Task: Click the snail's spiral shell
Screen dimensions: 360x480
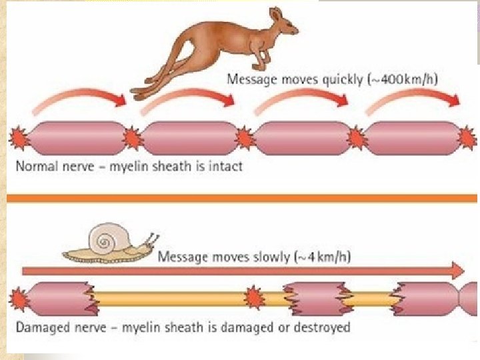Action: [x=106, y=238]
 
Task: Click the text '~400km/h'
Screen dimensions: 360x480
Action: [x=406, y=80]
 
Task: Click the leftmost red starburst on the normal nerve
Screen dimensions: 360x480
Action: [x=19, y=139]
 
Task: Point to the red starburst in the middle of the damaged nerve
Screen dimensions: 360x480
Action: [x=253, y=298]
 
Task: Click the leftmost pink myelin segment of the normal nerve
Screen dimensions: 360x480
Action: [x=74, y=139]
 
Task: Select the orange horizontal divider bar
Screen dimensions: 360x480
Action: [x=240, y=198]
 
